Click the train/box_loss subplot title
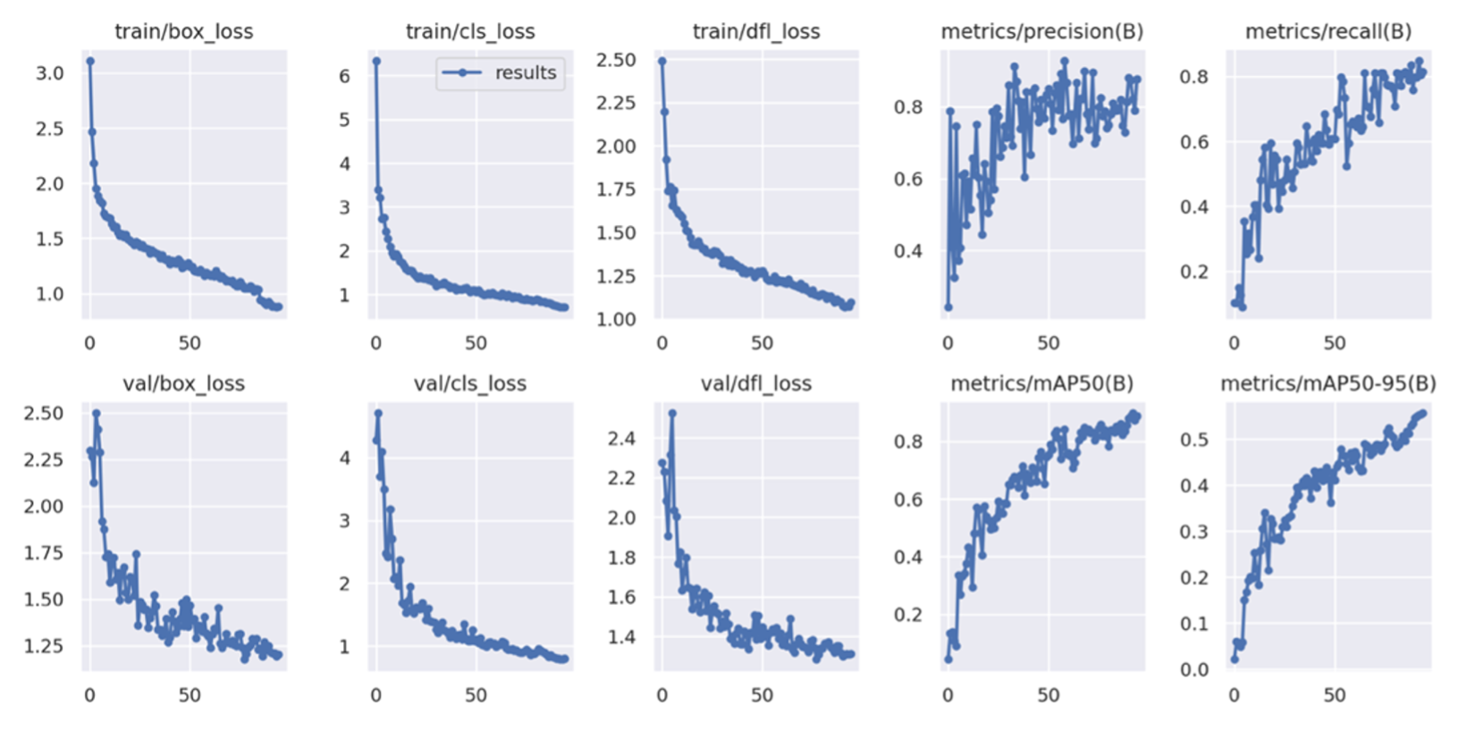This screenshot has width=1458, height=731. tap(183, 32)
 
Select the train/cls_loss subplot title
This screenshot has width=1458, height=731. tap(470, 32)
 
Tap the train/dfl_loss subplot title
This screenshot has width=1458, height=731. tap(756, 32)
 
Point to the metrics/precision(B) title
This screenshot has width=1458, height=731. tap(1042, 32)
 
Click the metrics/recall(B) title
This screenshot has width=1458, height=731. tap(1328, 32)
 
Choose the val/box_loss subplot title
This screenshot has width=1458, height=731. tap(183, 384)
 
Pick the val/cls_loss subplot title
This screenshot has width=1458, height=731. tap(470, 384)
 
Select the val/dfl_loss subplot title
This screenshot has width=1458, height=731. tap(756, 384)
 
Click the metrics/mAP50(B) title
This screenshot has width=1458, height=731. tap(1042, 384)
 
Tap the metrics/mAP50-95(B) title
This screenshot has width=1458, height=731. tap(1328, 384)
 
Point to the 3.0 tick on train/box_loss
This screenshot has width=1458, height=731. tap(50, 74)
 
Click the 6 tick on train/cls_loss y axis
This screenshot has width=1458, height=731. tap(344, 77)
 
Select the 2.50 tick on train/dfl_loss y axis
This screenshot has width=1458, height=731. tap(616, 61)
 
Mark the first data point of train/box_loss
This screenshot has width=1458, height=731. tap(89, 62)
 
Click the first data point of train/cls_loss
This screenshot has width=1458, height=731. tap(376, 62)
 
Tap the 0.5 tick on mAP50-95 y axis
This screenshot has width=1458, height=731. tap(1194, 440)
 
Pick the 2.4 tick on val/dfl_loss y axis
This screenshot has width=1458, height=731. tap(621, 439)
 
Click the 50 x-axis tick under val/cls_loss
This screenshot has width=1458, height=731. tap(476, 695)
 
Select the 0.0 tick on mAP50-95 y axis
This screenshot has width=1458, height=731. tap(1194, 670)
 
